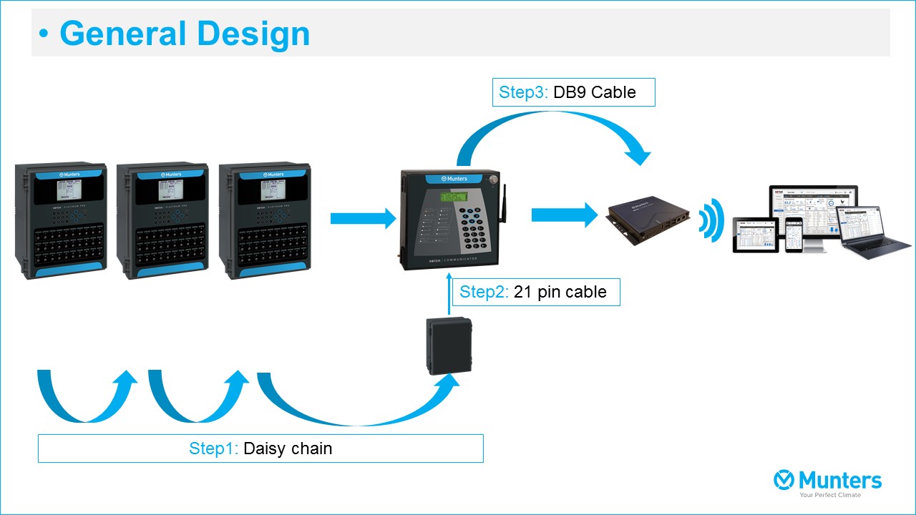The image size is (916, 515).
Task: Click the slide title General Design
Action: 185,34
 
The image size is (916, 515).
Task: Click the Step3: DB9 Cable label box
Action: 573,92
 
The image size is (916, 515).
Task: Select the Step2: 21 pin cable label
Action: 536,292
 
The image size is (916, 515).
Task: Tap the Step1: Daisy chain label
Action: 260,448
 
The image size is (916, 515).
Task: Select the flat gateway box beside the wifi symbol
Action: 648,217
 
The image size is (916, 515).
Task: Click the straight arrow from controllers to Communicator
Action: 363,218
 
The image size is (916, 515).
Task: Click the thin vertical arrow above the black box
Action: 449,296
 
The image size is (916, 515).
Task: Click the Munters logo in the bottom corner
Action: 828,481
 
